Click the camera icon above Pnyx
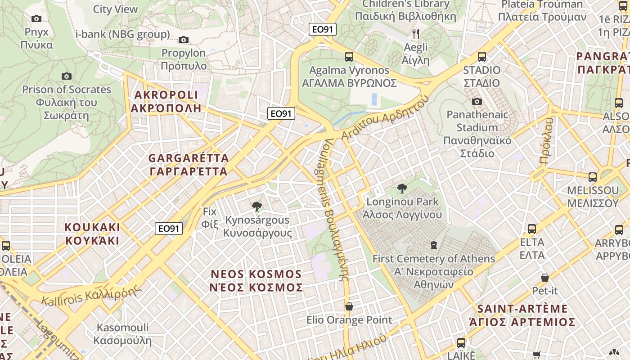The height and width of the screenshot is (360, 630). pyautogui.click(x=36, y=18)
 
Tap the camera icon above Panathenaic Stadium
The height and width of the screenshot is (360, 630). pyautogui.click(x=477, y=101)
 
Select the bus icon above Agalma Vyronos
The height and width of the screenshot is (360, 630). pyautogui.click(x=349, y=57)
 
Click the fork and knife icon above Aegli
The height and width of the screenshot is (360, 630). pyautogui.click(x=416, y=33)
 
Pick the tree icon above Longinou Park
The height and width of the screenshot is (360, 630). pyautogui.click(x=402, y=188)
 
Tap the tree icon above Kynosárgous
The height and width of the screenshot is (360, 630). pyautogui.click(x=257, y=207)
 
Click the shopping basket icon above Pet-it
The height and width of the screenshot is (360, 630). pyautogui.click(x=545, y=278)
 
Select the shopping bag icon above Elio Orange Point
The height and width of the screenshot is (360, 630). pyautogui.click(x=349, y=306)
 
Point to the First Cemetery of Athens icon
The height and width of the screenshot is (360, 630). pyautogui.click(x=433, y=245)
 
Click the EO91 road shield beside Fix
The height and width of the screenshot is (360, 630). pyautogui.click(x=169, y=229)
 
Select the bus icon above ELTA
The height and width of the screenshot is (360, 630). pyautogui.click(x=532, y=229)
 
